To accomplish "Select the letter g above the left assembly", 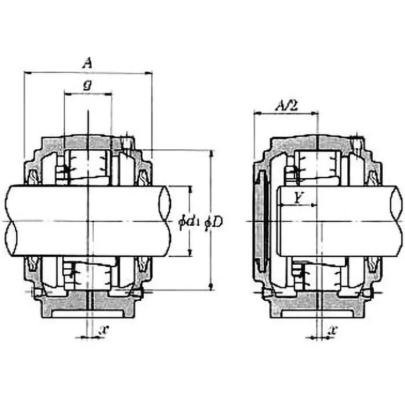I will coord(87,86).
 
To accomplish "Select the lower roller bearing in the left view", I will coord(89,276).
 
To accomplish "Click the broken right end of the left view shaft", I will coord(165,222).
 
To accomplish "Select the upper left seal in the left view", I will coord(33,177).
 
